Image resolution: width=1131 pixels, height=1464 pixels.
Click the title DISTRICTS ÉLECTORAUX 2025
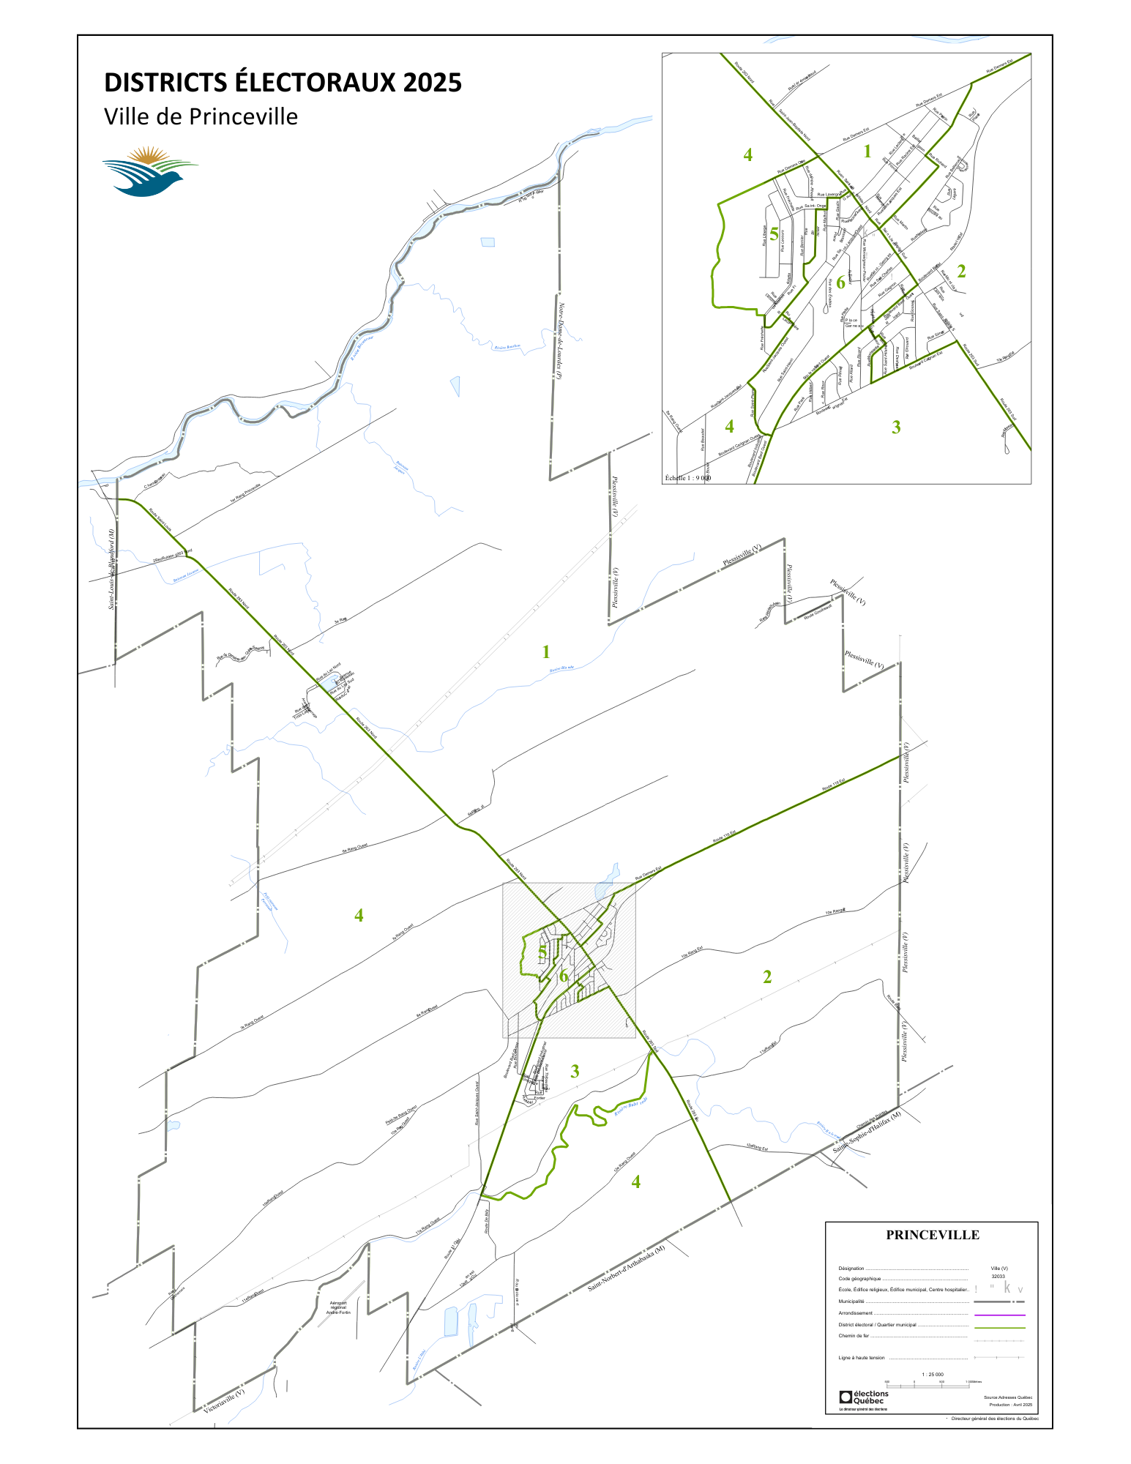(283, 83)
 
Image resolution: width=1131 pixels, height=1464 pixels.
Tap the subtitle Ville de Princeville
(201, 117)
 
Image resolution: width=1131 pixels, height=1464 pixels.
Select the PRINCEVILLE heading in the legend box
(932, 1235)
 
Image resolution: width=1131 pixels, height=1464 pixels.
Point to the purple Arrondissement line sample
(999, 1312)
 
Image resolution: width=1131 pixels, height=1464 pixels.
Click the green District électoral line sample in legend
(999, 1325)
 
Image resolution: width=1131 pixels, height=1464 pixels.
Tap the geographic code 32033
(998, 1276)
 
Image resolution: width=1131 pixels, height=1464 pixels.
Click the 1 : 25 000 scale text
(932, 1375)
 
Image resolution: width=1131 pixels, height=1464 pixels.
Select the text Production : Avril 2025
(1010, 1405)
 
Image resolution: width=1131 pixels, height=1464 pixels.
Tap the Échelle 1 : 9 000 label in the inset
(687, 478)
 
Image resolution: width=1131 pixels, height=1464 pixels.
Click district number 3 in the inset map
(896, 427)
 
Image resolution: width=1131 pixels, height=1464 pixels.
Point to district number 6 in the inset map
(840, 283)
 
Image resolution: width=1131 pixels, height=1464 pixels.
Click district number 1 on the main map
(545, 651)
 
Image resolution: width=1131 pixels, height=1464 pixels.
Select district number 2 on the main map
(767, 976)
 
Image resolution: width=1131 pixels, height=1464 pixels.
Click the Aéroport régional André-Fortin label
(338, 1307)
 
